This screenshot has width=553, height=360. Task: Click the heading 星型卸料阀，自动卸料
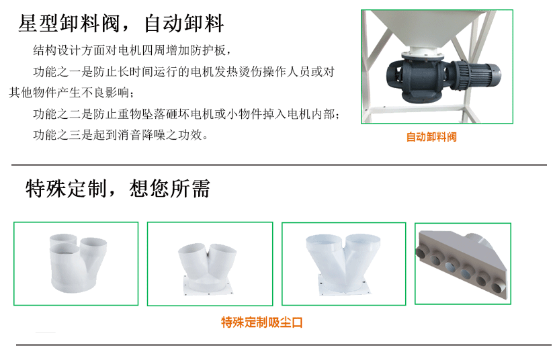(121, 24)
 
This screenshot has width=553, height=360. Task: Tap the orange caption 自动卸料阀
(431, 137)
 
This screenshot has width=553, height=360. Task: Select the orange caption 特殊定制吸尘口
(261, 322)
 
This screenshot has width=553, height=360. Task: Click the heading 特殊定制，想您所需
(118, 188)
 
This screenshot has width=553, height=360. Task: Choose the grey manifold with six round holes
(463, 265)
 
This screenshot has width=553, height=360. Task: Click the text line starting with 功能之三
(121, 135)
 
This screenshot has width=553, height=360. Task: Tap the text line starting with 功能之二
(187, 114)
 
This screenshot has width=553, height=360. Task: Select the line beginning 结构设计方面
(132, 50)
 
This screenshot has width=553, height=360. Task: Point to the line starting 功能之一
(183, 72)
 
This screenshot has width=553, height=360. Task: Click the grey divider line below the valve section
(279, 165)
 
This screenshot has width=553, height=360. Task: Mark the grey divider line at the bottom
(284, 345)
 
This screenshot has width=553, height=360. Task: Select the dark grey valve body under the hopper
(419, 76)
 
